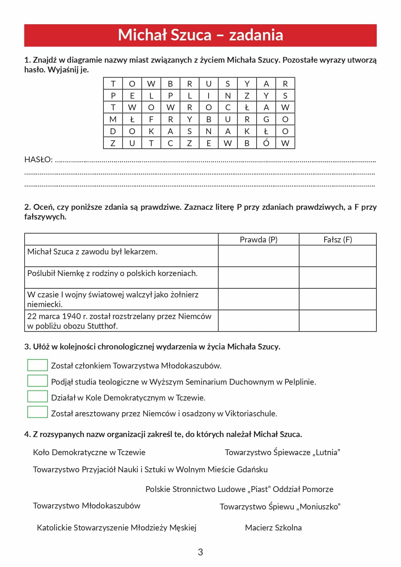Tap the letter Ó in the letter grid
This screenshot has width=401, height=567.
pyautogui.click(x=266, y=143)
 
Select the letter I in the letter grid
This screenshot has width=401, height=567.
pyautogui.click(x=209, y=96)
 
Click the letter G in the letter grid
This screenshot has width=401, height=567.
pyautogui.click(x=266, y=119)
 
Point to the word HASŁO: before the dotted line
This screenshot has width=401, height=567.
pyautogui.click(x=38, y=160)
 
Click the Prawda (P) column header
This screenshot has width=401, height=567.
pyautogui.click(x=259, y=240)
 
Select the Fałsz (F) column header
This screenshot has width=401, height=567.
pyautogui.click(x=338, y=240)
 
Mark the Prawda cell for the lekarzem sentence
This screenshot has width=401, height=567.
pyautogui.click(x=259, y=256)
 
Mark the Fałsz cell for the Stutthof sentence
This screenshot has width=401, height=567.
pyautogui.click(x=338, y=321)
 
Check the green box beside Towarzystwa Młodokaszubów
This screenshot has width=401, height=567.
pyautogui.click(x=37, y=365)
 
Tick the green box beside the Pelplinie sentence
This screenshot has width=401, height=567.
pyautogui.click(x=37, y=381)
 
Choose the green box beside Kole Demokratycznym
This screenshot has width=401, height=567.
pyautogui.click(x=37, y=396)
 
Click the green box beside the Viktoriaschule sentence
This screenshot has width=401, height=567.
pyautogui.click(x=37, y=412)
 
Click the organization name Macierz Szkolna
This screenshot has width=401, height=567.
pyautogui.click(x=273, y=528)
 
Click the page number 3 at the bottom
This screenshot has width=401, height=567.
pyautogui.click(x=200, y=552)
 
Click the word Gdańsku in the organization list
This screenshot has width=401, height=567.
pyautogui.click(x=252, y=469)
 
